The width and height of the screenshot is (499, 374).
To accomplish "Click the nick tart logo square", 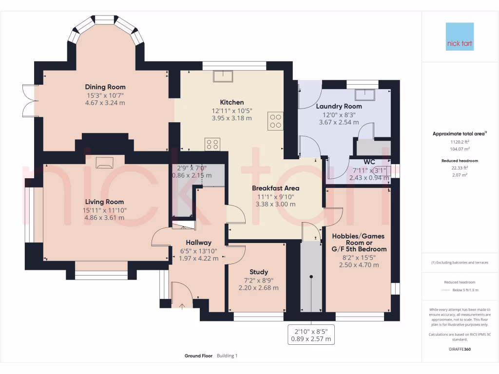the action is (460, 37).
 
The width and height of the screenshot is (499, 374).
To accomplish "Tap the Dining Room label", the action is (105, 87).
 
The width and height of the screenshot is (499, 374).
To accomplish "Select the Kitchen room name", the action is (231, 102).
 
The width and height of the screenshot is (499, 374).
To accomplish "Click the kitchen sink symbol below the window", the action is (223, 76).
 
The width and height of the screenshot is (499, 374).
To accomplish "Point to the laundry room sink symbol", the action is (365, 95).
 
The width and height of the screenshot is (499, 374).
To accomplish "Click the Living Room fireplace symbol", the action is (104, 163).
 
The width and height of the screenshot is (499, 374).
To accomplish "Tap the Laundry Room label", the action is (339, 107).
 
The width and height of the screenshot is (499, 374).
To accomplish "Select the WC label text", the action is (369, 162).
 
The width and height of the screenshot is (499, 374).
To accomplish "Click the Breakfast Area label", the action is (276, 188).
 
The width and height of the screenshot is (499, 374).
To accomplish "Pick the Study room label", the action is (258, 272).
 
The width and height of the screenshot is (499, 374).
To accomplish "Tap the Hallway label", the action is (199, 243).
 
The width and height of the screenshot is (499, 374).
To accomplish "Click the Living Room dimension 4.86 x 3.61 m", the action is (104, 218).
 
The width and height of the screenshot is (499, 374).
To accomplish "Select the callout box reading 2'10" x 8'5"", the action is (311, 335).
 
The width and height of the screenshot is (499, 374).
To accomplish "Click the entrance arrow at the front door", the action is (182, 306).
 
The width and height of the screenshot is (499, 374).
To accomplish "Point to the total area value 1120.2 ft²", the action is (460, 142).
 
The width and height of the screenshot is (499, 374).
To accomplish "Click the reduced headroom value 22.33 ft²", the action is (460, 168).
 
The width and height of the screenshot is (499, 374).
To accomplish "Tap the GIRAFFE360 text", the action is (460, 349).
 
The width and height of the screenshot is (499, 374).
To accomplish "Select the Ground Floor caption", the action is (199, 356).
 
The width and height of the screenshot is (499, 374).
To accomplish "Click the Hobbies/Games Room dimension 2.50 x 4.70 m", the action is (359, 265).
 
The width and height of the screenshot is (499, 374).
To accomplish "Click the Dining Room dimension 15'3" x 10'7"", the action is (105, 95).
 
